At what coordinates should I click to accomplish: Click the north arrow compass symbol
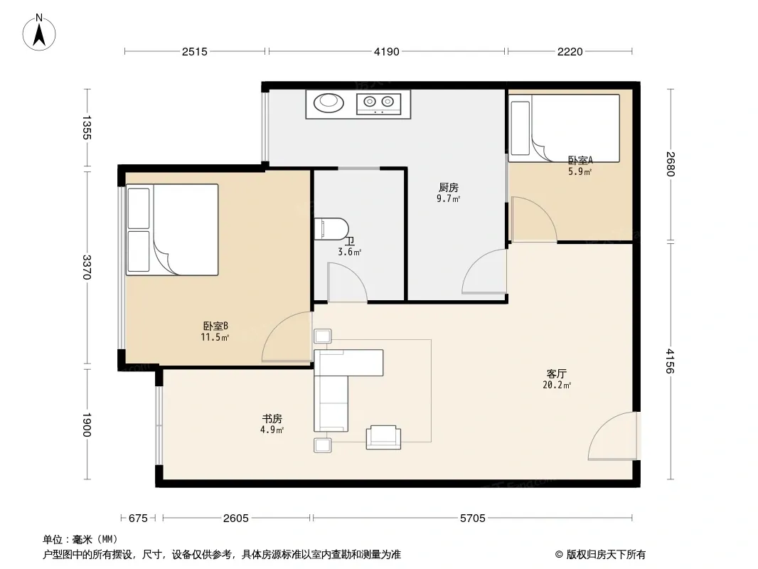tap(39, 33)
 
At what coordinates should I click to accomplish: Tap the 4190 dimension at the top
tap(387, 52)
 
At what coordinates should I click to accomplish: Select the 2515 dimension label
tap(195, 52)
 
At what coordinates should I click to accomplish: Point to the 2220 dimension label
tap(570, 52)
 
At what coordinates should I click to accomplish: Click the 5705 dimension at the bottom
tap(472, 519)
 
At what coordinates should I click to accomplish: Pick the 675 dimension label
tap(138, 519)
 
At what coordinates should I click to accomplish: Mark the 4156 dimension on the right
tap(670, 361)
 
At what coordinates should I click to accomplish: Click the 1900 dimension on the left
tap(87, 425)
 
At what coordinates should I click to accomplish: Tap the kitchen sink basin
tap(329, 102)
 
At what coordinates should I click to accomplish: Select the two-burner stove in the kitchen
tap(378, 104)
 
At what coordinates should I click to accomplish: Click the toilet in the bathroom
tap(331, 228)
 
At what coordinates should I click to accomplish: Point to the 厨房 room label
tap(449, 187)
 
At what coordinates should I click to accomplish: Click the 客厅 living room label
tap(557, 373)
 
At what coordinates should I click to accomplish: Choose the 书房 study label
tap(272, 419)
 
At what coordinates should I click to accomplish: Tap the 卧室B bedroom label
tap(215, 326)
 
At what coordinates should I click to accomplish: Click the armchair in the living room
tap(383, 437)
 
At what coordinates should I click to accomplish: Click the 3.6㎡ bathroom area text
tap(350, 252)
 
